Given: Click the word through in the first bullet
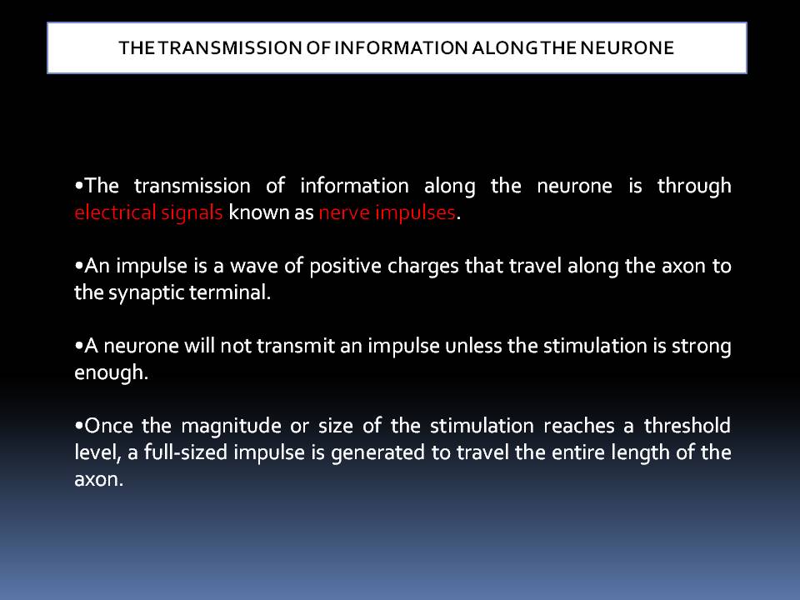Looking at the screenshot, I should coord(694,185).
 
